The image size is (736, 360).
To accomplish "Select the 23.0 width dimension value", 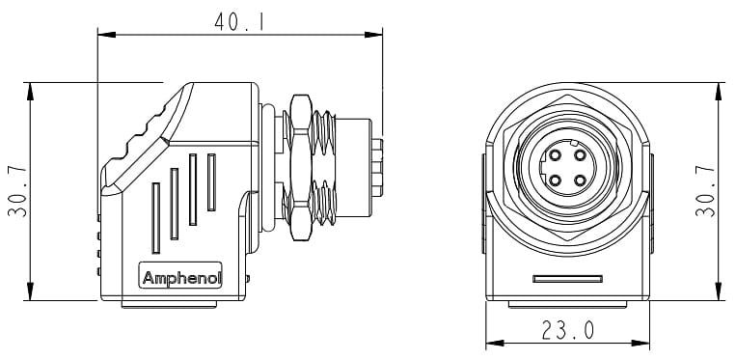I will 567,331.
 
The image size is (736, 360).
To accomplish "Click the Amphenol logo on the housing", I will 181,279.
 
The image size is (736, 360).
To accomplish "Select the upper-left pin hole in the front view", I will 556,154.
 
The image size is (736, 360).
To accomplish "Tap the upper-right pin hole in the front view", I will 579,154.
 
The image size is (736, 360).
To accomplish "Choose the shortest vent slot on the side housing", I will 211,182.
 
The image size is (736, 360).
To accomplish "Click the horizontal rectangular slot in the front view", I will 567,279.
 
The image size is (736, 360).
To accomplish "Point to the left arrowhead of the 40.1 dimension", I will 102,34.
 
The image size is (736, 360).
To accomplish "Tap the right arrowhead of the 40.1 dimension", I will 377,34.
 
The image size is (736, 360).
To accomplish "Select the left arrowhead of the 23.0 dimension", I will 490,345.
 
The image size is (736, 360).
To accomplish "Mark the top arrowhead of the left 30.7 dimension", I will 32,89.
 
